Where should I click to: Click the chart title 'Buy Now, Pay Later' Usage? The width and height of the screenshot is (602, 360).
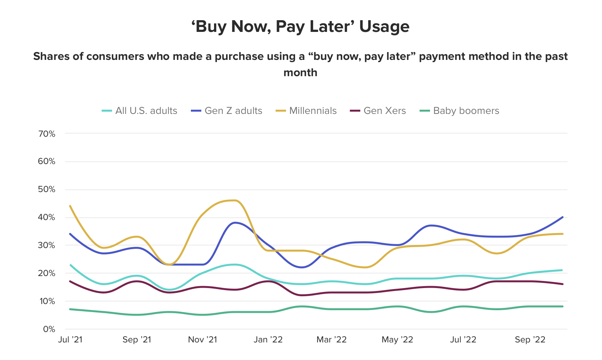coord(300,26)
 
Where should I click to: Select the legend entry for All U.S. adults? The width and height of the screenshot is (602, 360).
coord(140,111)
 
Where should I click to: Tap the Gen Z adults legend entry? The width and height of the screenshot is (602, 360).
coord(227,111)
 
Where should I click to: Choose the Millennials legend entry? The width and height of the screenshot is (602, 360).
coord(306,111)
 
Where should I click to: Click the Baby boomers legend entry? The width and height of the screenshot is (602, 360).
coord(459,111)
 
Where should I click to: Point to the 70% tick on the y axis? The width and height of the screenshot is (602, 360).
coord(47,134)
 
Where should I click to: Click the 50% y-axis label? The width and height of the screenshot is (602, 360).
coord(47,189)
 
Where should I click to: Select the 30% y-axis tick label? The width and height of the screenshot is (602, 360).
coord(47,245)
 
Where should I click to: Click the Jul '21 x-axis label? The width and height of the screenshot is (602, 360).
coord(70,340)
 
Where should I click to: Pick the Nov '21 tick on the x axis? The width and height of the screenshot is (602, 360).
coord(203,340)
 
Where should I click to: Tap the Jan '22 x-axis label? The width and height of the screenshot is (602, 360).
coord(268,340)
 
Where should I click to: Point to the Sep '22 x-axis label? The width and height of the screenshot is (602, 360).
coord(530,340)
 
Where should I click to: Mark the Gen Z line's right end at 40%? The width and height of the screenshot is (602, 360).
coord(563,217)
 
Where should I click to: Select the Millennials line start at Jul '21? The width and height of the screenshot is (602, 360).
coord(70,206)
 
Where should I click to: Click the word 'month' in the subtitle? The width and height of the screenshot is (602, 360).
coord(300,73)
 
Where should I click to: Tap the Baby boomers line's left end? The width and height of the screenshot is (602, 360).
coord(70,309)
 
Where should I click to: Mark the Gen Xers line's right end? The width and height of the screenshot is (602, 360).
coord(563,284)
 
